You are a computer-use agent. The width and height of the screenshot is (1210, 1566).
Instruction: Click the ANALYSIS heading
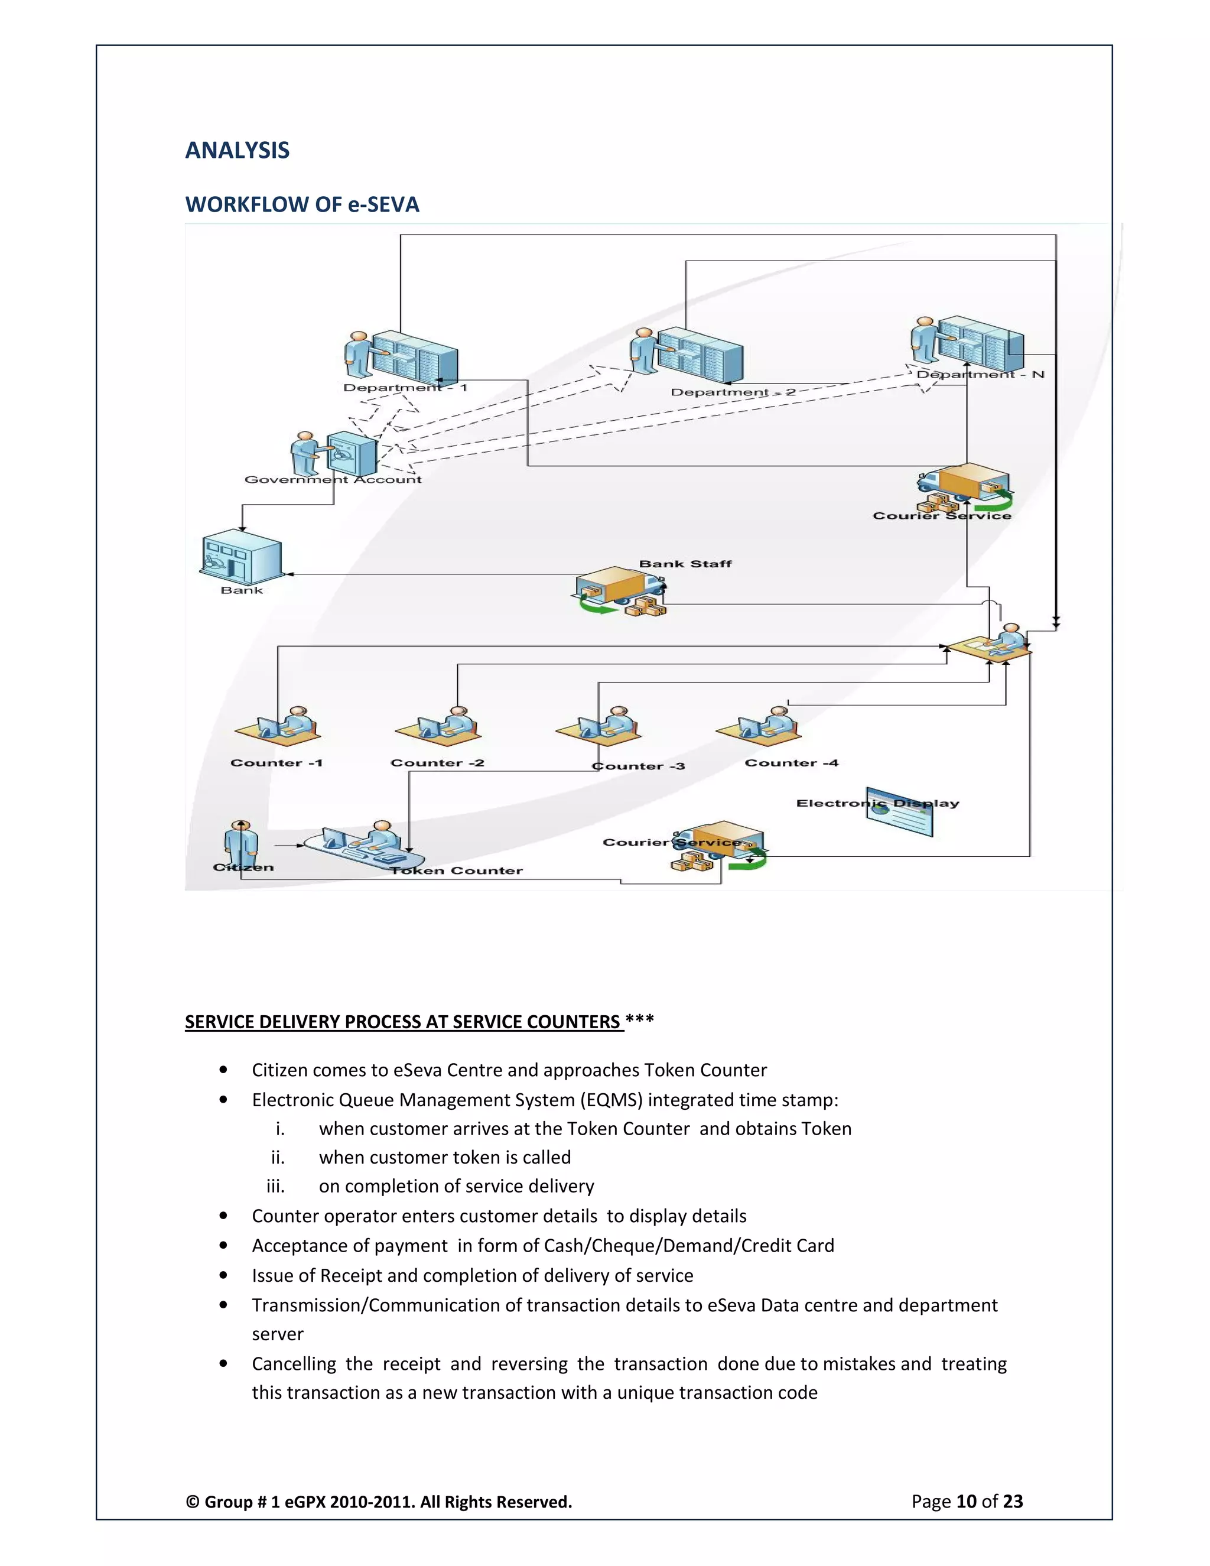(238, 150)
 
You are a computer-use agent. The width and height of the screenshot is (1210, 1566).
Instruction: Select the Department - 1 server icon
(403, 355)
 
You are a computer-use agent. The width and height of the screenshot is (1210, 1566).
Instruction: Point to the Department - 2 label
(733, 392)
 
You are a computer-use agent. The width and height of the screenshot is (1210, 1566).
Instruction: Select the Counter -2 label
(437, 763)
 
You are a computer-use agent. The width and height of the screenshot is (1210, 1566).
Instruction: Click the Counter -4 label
(791, 763)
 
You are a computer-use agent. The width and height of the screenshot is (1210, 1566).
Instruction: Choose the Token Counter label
(457, 870)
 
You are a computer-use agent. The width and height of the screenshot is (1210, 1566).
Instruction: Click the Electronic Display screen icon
(900, 813)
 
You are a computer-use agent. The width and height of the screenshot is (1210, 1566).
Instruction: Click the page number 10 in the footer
(966, 1502)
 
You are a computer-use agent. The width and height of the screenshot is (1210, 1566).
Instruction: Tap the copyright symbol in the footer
(192, 1502)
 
